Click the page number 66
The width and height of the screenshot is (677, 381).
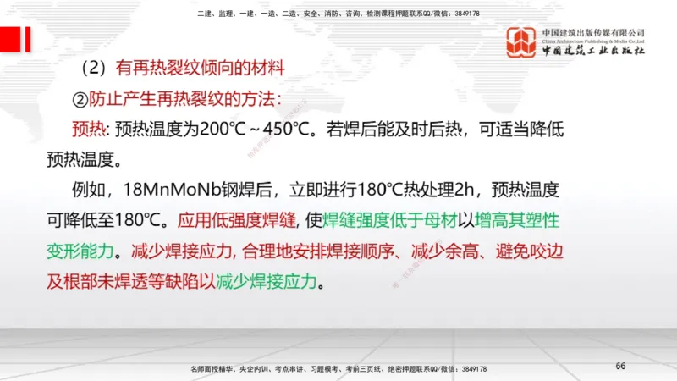(620, 366)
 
